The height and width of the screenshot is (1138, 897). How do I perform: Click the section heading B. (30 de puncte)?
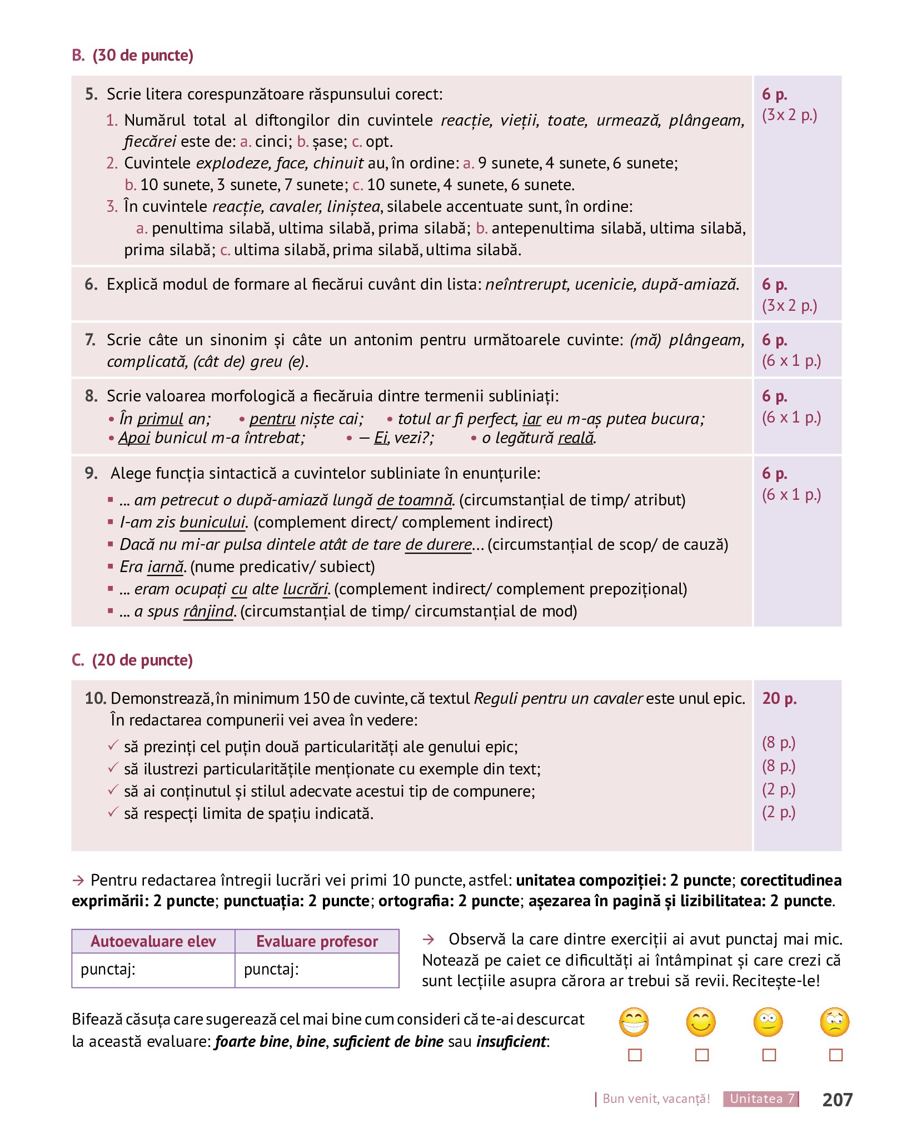click(x=132, y=56)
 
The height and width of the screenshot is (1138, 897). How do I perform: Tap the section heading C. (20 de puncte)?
click(x=132, y=660)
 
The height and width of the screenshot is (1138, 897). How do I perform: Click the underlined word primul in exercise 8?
click(x=160, y=419)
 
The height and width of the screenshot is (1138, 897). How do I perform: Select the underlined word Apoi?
click(x=134, y=438)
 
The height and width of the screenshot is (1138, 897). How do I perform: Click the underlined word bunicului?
click(x=212, y=523)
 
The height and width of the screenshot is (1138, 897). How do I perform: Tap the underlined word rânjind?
click(x=209, y=612)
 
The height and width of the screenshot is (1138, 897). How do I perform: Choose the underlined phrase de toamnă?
click(x=415, y=500)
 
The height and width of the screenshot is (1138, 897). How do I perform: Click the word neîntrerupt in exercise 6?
click(x=527, y=285)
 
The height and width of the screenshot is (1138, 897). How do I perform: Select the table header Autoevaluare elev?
click(x=153, y=941)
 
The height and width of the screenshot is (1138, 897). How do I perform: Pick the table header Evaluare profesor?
click(x=317, y=941)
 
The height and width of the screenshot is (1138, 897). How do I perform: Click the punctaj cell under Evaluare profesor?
click(x=317, y=970)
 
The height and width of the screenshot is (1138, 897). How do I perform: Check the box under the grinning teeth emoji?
click(x=635, y=1055)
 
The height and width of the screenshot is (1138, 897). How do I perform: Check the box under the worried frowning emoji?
click(x=835, y=1055)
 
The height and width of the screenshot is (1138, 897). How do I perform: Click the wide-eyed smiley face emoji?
click(x=768, y=1022)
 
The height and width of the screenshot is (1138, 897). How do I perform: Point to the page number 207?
click(x=837, y=1099)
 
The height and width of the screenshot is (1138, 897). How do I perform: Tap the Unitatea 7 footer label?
click(x=761, y=1099)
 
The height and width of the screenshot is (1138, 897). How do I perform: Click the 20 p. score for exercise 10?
click(x=779, y=698)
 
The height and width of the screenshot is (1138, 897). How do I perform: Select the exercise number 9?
click(x=92, y=473)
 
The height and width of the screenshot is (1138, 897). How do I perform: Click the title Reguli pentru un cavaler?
click(x=558, y=698)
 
